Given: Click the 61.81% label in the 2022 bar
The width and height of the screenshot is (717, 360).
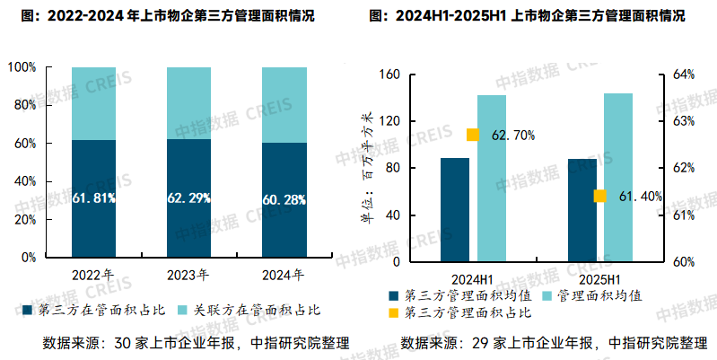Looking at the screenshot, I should (94, 198).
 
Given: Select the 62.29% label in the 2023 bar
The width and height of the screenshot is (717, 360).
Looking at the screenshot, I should (189, 198).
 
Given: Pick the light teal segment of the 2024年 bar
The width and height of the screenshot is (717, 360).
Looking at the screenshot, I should (284, 105).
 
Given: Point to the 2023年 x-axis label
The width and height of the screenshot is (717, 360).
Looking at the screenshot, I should (189, 275).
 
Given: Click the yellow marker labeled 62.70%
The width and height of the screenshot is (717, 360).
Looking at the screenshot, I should (473, 136).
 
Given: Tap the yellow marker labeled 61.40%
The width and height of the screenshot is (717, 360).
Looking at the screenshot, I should (599, 197).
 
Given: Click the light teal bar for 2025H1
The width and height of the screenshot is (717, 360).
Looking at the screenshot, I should (618, 178).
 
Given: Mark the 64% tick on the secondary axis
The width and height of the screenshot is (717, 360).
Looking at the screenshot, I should (684, 74).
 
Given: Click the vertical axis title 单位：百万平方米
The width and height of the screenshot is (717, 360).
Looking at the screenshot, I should (366, 168).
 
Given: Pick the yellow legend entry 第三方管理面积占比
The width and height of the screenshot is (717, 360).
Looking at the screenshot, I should (462, 313).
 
